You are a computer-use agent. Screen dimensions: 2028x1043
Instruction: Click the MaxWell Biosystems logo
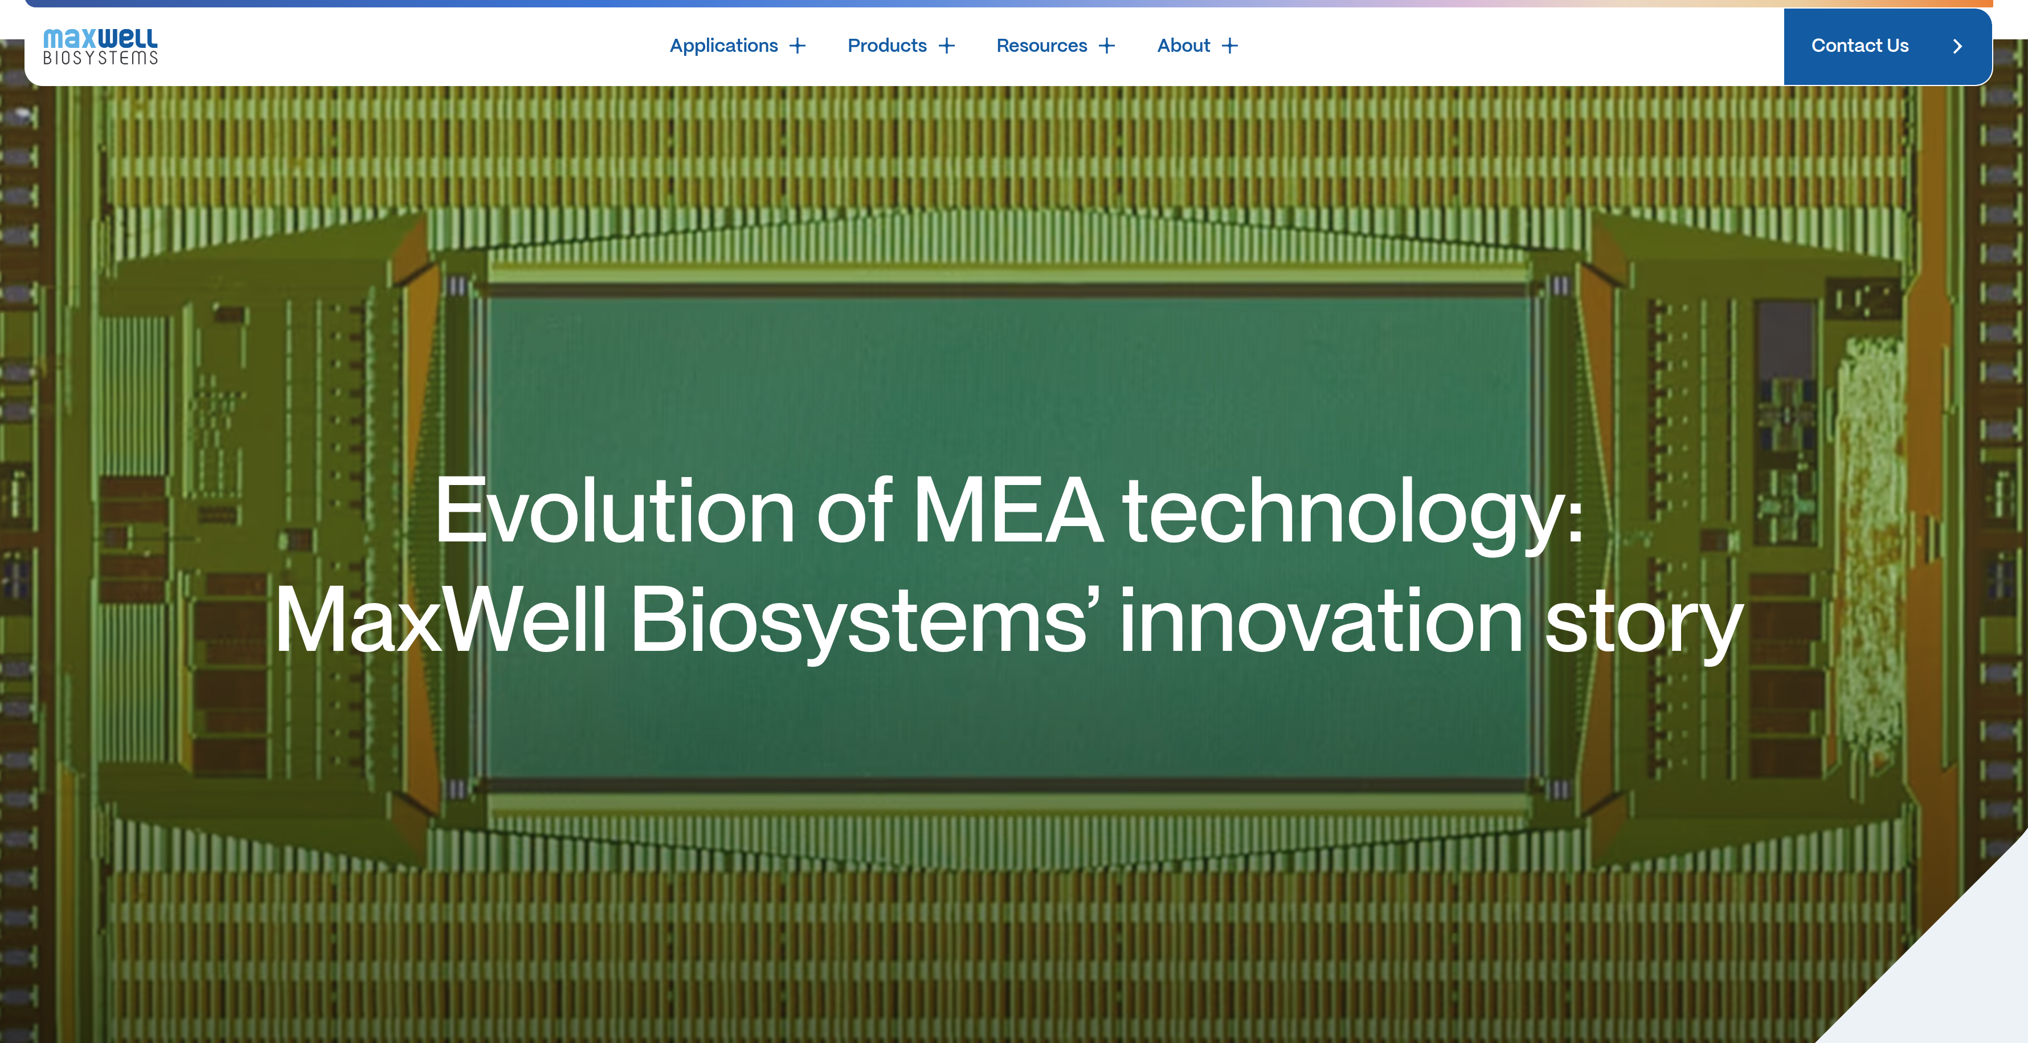coord(100,47)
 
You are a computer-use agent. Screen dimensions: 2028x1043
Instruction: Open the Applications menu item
coord(723,46)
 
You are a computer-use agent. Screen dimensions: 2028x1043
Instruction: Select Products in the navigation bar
coord(888,46)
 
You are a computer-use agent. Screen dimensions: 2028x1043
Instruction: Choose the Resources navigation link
coord(1041,46)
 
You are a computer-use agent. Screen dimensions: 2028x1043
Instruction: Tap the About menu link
coord(1183,46)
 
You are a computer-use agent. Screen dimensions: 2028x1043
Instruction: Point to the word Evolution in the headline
coord(615,511)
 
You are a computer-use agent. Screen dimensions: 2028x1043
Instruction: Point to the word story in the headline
coord(1644,626)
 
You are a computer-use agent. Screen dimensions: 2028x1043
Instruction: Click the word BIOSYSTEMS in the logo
coord(100,58)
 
